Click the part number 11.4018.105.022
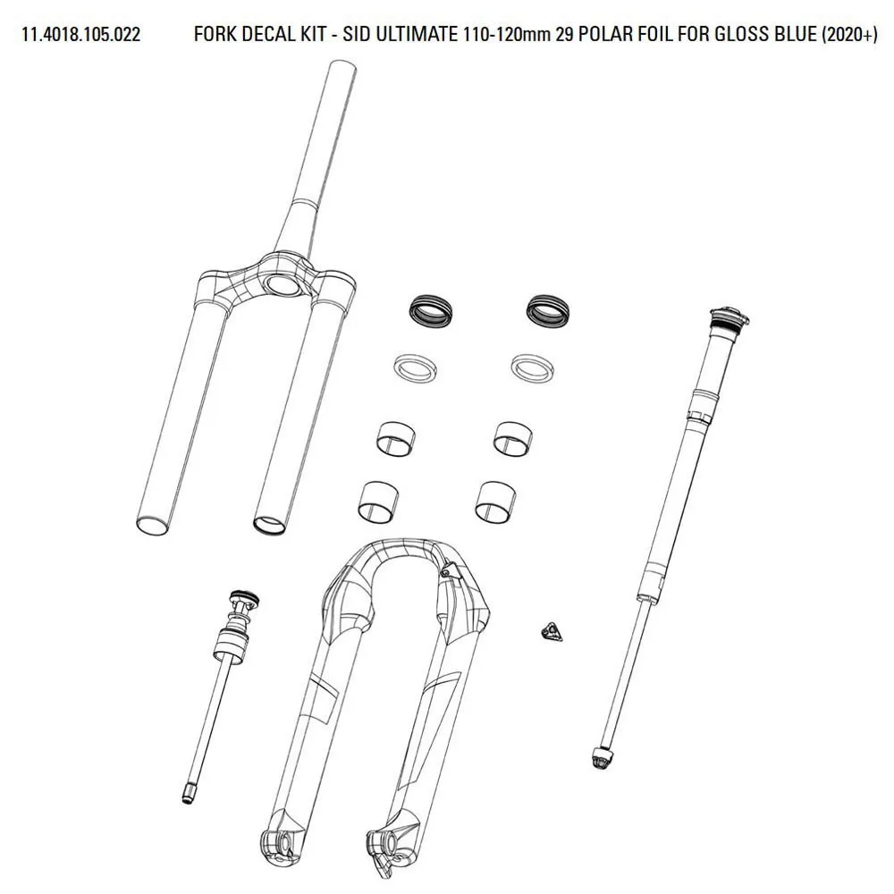81,34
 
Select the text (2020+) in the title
849,35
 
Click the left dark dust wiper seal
431,312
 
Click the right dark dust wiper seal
548,312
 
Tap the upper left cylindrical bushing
396,439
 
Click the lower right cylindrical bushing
495,502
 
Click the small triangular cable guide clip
550,632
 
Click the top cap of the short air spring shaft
243,600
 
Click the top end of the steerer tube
342,64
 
